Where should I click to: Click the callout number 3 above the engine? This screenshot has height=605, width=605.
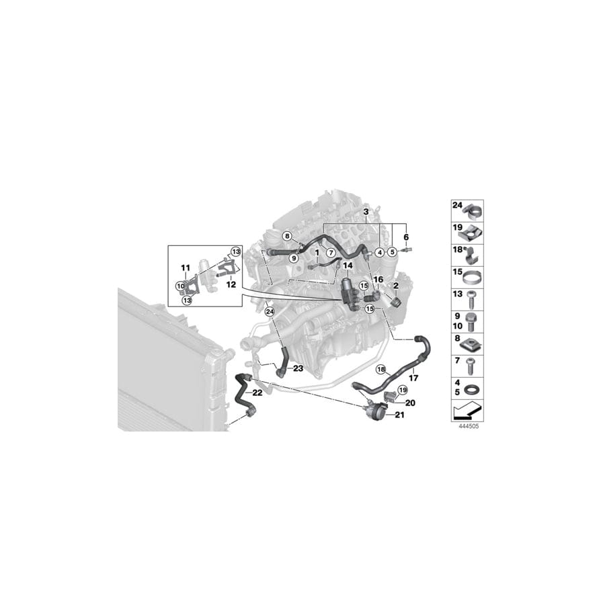(x=366, y=212)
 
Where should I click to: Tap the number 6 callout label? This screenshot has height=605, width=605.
(x=406, y=237)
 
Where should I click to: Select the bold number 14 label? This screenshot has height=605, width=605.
(x=348, y=266)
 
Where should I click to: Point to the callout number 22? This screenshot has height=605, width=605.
(x=257, y=393)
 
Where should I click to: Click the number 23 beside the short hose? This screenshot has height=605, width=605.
(x=298, y=368)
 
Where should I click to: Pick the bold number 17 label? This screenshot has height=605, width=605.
(x=413, y=378)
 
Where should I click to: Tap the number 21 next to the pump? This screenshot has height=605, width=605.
(x=399, y=415)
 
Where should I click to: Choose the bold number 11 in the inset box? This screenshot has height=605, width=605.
(x=186, y=268)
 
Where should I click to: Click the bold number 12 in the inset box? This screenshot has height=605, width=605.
(x=231, y=285)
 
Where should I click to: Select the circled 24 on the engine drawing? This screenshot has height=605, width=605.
(x=270, y=311)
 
